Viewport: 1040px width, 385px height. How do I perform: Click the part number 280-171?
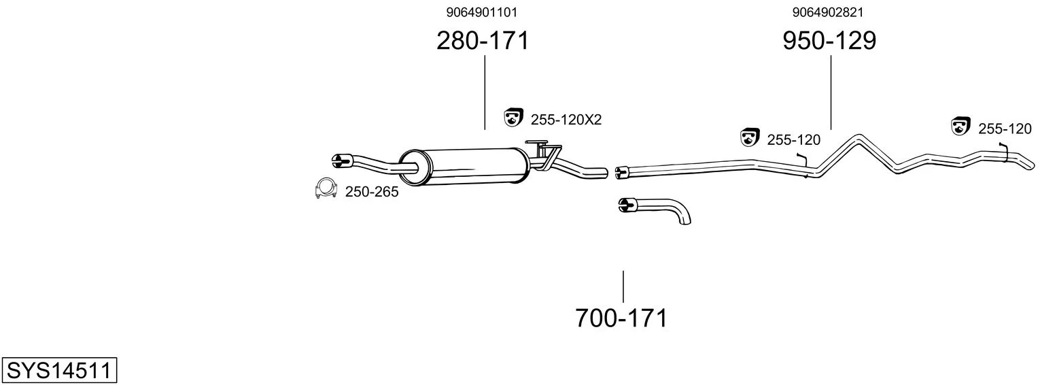[483, 41]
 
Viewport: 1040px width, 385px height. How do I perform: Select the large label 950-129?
[829, 41]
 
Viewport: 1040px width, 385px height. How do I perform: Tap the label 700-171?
[621, 318]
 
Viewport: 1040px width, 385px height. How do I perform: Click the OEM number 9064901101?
[481, 12]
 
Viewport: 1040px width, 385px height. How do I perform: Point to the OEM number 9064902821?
[828, 12]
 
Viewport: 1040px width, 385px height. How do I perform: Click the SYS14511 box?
[59, 371]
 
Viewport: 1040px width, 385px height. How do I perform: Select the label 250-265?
[371, 192]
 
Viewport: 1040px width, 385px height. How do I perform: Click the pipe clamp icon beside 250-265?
[326, 188]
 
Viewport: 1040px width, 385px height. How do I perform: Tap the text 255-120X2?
[566, 120]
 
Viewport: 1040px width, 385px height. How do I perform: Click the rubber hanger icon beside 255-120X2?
[513, 117]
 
